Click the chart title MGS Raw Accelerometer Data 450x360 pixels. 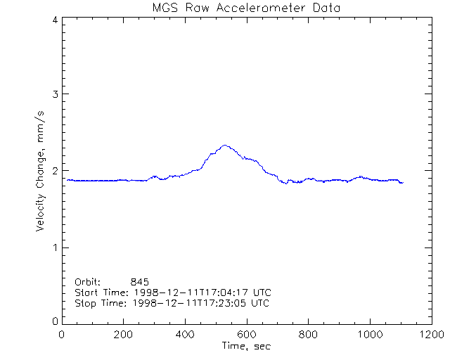245,8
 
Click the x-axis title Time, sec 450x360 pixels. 246,346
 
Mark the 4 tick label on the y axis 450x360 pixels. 55,20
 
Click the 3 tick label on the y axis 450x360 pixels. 55,94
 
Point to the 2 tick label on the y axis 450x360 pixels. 55,171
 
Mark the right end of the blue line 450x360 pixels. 403,183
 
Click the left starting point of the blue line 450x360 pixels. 67,180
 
